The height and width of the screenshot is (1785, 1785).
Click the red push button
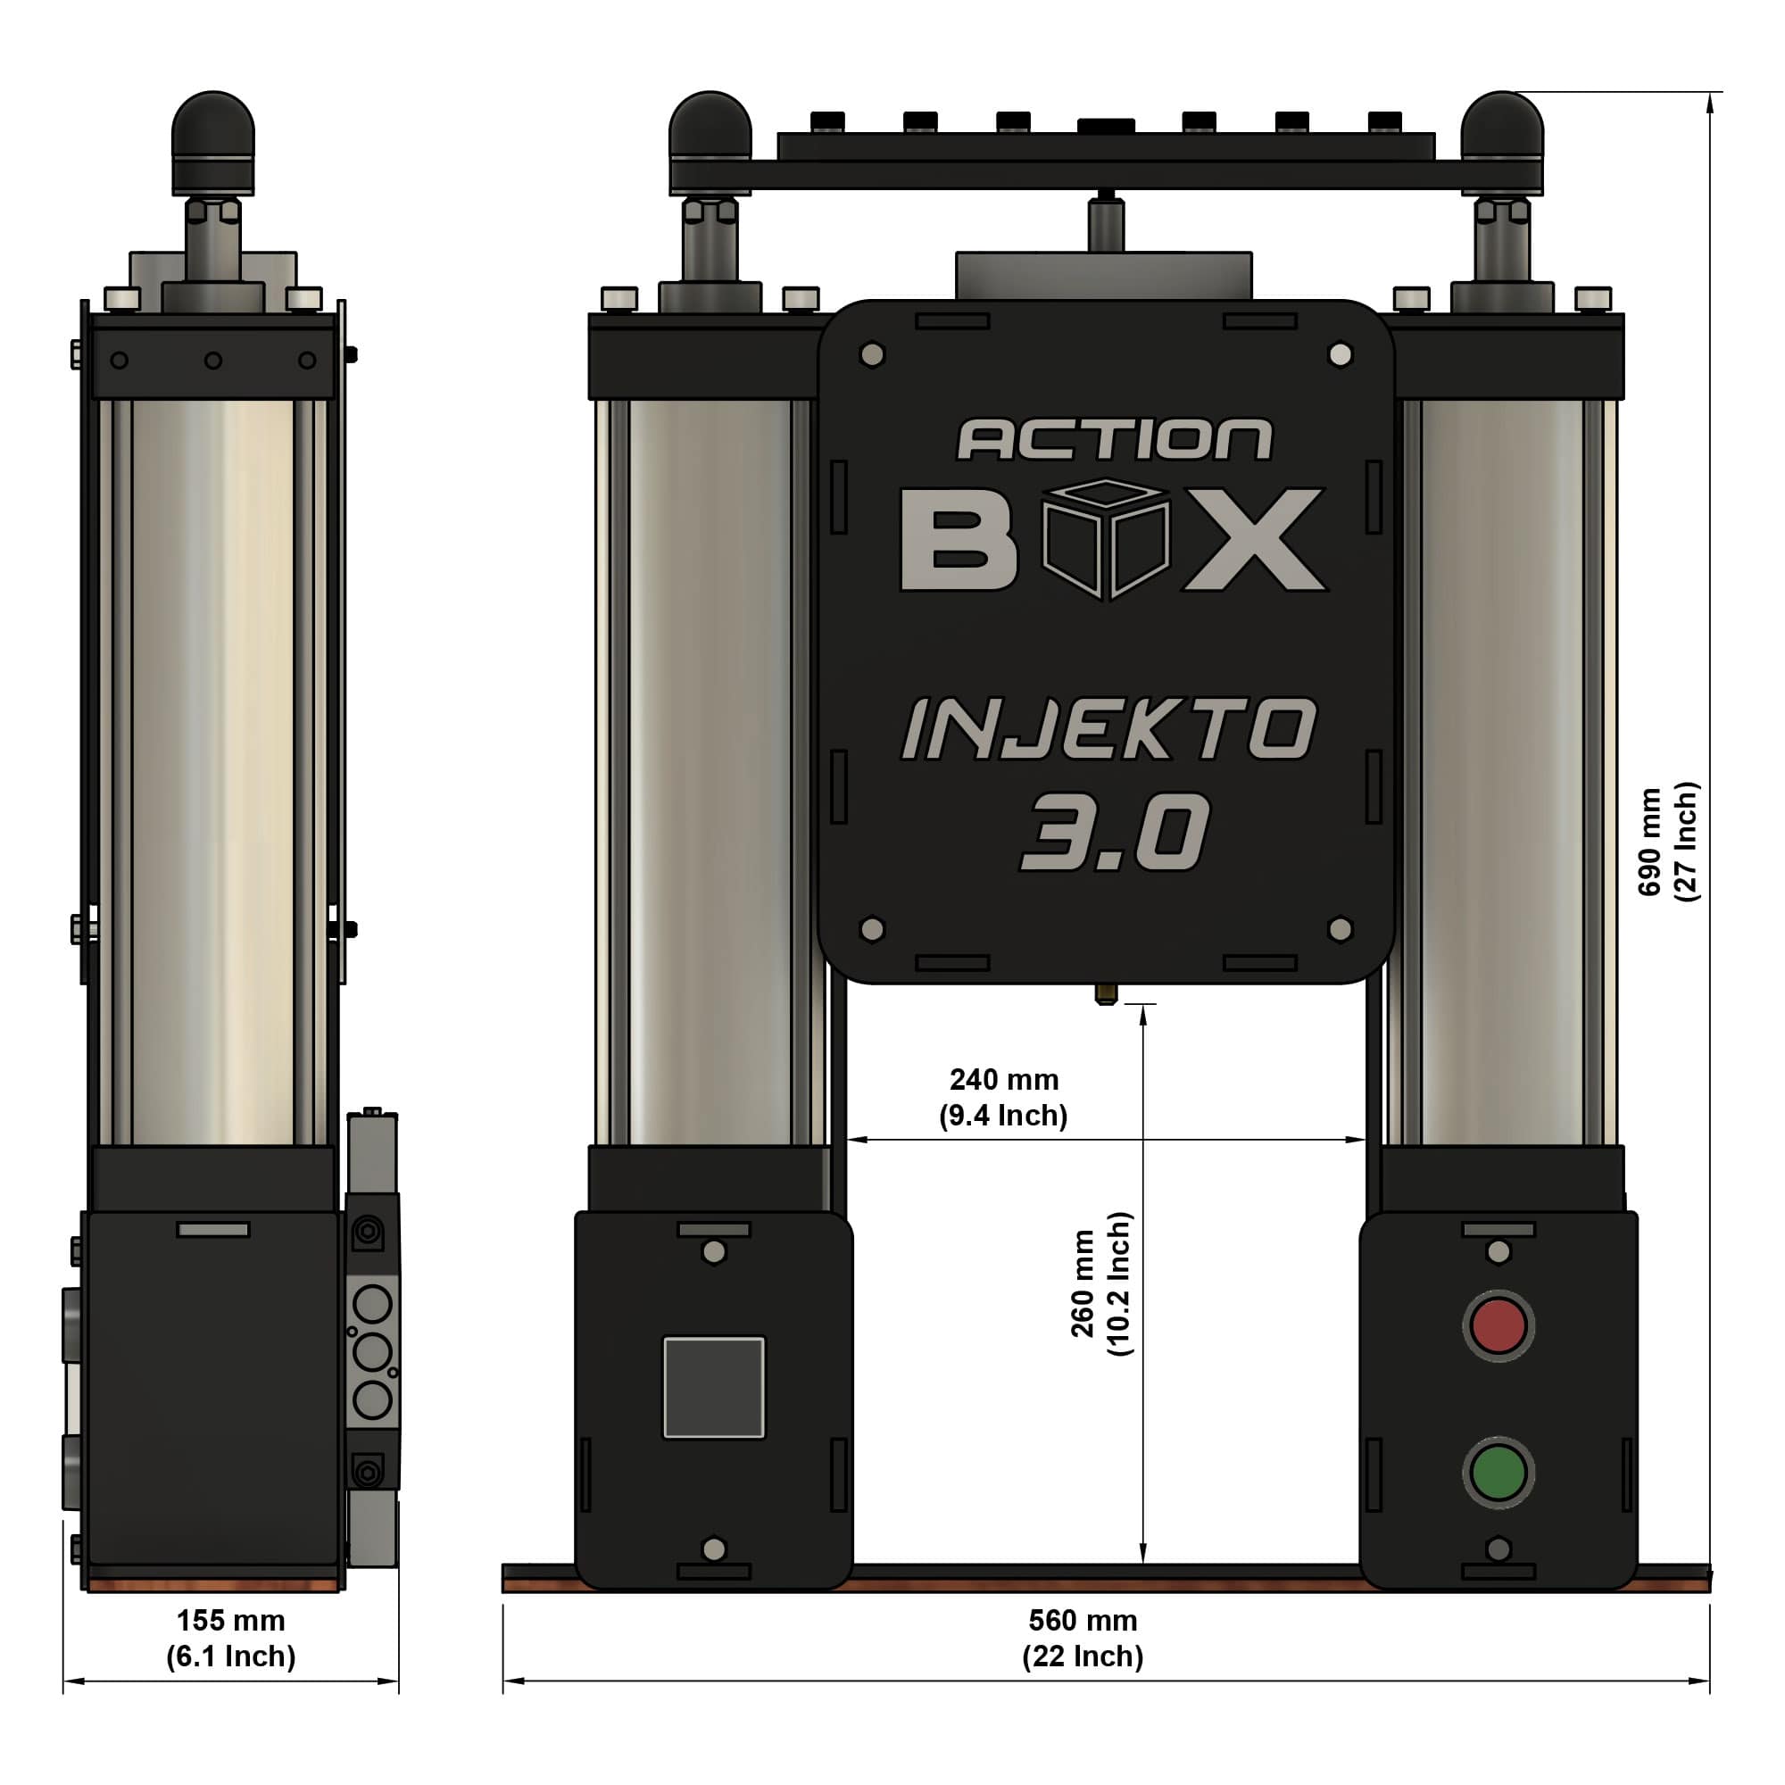click(x=1498, y=1326)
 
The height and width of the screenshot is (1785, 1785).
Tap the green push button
click(x=1498, y=1473)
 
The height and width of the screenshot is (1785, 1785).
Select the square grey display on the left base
click(x=714, y=1387)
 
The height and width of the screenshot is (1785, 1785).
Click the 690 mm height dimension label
click(x=1668, y=842)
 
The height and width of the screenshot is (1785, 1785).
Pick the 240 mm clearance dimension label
click(x=1003, y=1097)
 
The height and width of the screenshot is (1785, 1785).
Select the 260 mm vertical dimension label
click(x=1100, y=1283)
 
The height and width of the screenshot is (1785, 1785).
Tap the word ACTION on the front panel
click(x=1114, y=440)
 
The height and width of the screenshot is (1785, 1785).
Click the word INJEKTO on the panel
click(x=1108, y=729)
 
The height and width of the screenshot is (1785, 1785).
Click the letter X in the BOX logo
click(x=1255, y=540)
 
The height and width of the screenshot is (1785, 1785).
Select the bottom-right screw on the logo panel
click(x=1340, y=928)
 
